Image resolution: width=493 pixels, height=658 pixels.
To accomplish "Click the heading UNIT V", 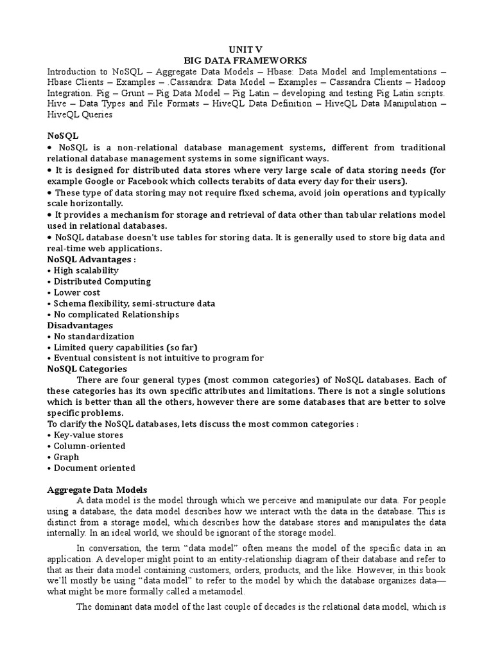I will (246, 49).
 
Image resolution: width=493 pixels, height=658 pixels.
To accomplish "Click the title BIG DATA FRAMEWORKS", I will (246, 60).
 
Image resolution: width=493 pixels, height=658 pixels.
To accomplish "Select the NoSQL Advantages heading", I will (91, 260).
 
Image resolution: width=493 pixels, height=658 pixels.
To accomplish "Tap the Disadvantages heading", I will (80, 325).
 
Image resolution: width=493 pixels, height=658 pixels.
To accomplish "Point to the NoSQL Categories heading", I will (87, 369).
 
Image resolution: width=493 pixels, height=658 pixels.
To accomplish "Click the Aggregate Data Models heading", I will (98, 490).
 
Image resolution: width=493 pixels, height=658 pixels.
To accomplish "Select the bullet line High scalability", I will (85, 271).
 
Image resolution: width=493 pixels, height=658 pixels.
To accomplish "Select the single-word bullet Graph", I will (66, 457).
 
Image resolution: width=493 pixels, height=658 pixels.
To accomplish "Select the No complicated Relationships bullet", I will (116, 314).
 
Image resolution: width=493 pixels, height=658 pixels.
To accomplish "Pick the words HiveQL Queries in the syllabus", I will (80, 115).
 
